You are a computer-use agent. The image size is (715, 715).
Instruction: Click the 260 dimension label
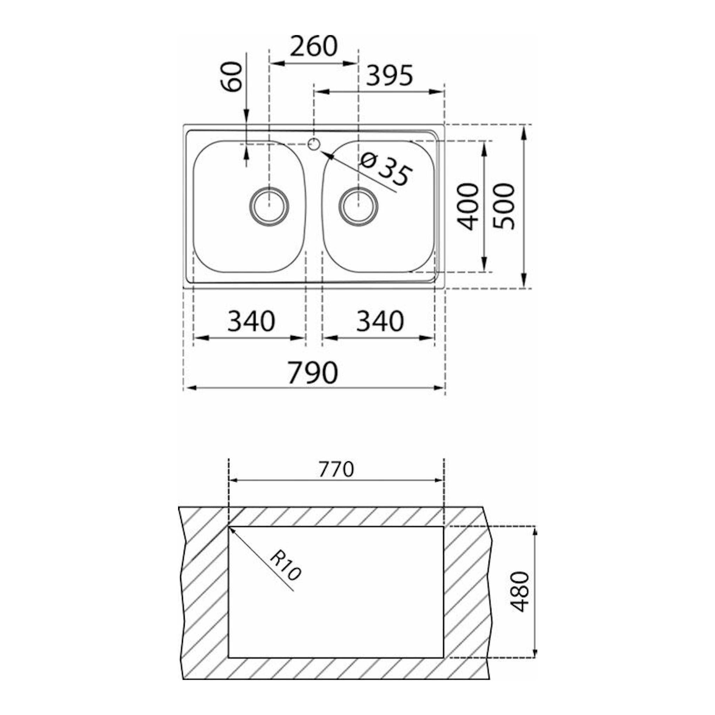tap(313, 46)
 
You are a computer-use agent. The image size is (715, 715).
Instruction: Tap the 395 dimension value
tap(389, 75)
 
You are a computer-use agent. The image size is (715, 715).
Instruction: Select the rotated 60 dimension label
tap(231, 76)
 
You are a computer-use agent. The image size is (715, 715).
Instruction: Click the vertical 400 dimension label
tap(468, 206)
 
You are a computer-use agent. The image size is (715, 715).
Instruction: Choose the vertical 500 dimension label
tap(504, 206)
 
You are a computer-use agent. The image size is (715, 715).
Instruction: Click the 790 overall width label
tap(313, 373)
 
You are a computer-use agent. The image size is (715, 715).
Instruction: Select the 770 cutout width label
tap(336, 470)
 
